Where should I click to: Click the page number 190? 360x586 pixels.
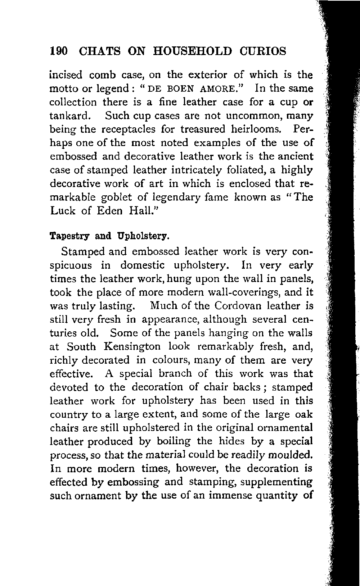pyautogui.click(x=59, y=51)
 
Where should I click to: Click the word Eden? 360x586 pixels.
pyautogui.click(x=110, y=211)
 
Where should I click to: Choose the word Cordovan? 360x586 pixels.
pyautogui.click(x=238, y=306)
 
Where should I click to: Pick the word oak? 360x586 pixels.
pyautogui.click(x=304, y=414)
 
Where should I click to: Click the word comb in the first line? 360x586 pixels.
pyautogui.click(x=102, y=75)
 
